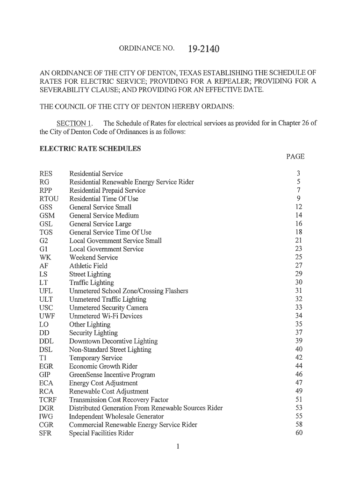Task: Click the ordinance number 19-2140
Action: click(203, 49)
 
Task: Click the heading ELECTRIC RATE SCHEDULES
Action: click(90, 149)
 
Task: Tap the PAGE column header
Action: click(295, 157)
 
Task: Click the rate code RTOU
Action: click(50, 199)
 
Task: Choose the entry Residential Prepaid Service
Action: click(107, 190)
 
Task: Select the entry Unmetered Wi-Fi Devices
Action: click(106, 316)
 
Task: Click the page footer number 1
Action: click(179, 447)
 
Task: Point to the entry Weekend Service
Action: click(94, 258)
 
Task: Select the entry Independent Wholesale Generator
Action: click(116, 416)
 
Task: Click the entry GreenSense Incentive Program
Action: click(112, 375)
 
